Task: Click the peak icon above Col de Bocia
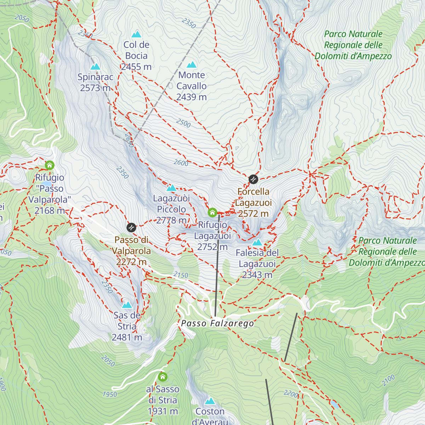point(136,34)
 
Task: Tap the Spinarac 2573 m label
point(95,82)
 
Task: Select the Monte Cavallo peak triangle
point(192,65)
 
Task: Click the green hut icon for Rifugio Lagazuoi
point(212,212)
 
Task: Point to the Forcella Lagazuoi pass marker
point(253,179)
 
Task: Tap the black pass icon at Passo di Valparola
point(131,227)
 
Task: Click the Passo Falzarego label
point(217,323)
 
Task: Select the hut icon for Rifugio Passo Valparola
point(50,165)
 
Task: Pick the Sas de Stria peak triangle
point(127,305)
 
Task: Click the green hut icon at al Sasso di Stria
point(163,376)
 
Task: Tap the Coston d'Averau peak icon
point(210,401)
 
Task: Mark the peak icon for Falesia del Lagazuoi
point(257,243)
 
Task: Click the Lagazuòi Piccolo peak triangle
point(171,188)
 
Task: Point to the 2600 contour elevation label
point(181,163)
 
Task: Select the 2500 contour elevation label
point(183,123)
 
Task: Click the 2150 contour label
point(181,275)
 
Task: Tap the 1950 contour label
point(110,394)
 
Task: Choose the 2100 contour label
point(388,380)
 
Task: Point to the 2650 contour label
point(129,141)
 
